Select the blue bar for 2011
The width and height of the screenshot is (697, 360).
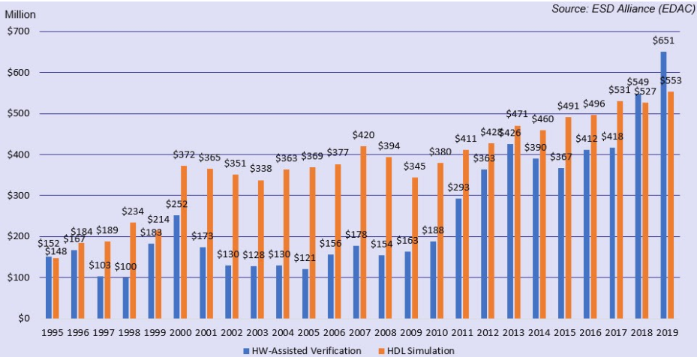click(x=458, y=258)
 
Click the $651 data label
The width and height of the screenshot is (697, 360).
click(x=664, y=42)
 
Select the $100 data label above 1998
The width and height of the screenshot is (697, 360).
click(x=126, y=267)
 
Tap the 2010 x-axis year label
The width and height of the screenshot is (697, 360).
click(x=435, y=333)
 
